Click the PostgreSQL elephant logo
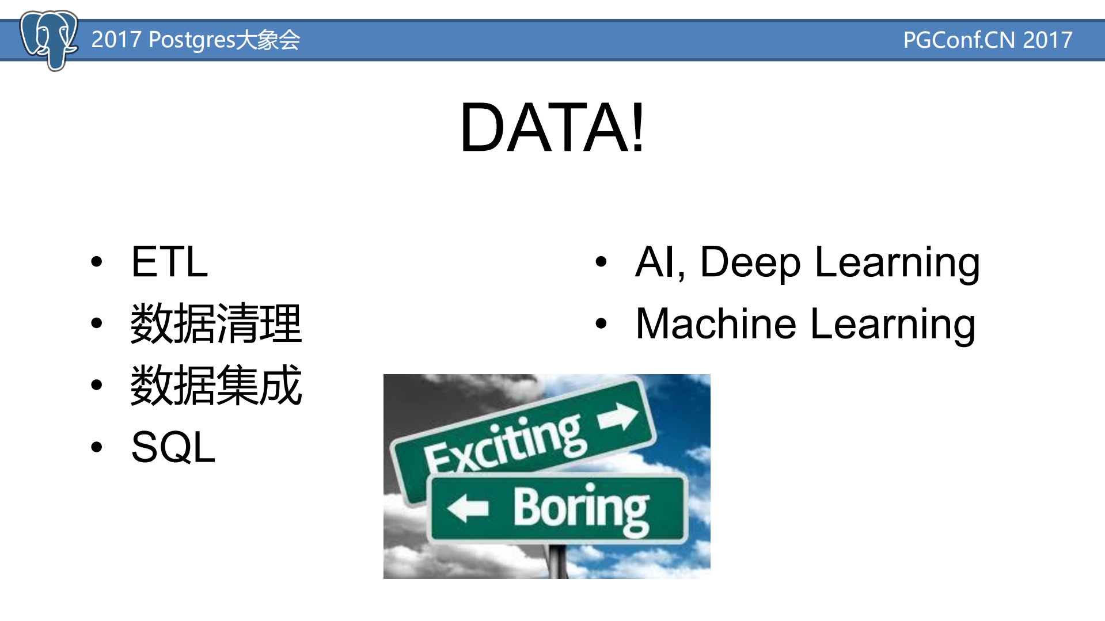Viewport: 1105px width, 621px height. [x=48, y=39]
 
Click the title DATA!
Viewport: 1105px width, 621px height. [x=552, y=127]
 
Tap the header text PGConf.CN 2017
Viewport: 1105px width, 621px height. [x=987, y=40]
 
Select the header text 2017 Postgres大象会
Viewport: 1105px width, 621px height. [x=195, y=40]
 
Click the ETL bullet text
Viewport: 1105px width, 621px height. [x=169, y=262]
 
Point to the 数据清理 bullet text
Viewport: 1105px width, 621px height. [x=216, y=323]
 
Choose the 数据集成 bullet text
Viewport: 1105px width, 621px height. [x=216, y=385]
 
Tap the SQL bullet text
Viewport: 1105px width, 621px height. [x=173, y=447]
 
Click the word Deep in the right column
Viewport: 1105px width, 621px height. [x=750, y=262]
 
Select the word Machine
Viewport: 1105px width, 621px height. [x=716, y=323]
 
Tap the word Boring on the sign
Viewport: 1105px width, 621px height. [x=580, y=508]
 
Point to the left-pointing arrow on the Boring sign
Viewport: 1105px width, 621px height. [x=468, y=508]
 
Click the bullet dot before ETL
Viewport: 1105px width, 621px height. [x=97, y=262]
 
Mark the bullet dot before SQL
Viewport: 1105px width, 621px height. [x=97, y=447]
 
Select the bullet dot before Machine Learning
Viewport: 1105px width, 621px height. [x=601, y=323]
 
